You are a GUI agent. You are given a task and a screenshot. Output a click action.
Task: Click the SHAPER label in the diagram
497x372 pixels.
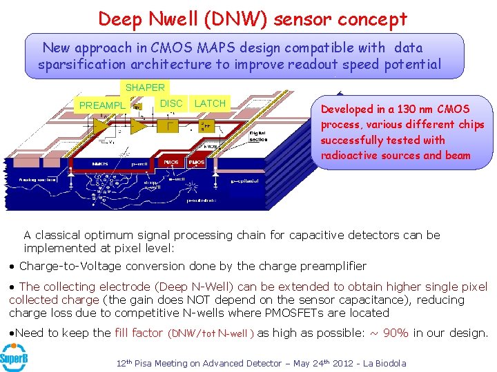[144, 87]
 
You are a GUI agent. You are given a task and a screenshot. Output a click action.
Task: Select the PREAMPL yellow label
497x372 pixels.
[102, 105]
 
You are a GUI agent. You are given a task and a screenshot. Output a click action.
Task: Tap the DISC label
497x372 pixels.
[171, 103]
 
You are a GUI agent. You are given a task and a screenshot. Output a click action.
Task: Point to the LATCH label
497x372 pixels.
[210, 103]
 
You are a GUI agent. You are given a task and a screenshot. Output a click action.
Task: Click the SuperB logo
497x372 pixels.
[13, 357]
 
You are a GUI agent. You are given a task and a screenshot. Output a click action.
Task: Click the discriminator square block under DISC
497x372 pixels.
[168, 124]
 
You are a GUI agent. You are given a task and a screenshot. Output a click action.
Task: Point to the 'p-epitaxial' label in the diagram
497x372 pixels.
[246, 181]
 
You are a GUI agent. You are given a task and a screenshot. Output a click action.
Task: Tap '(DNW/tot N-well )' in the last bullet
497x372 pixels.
[211, 333]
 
